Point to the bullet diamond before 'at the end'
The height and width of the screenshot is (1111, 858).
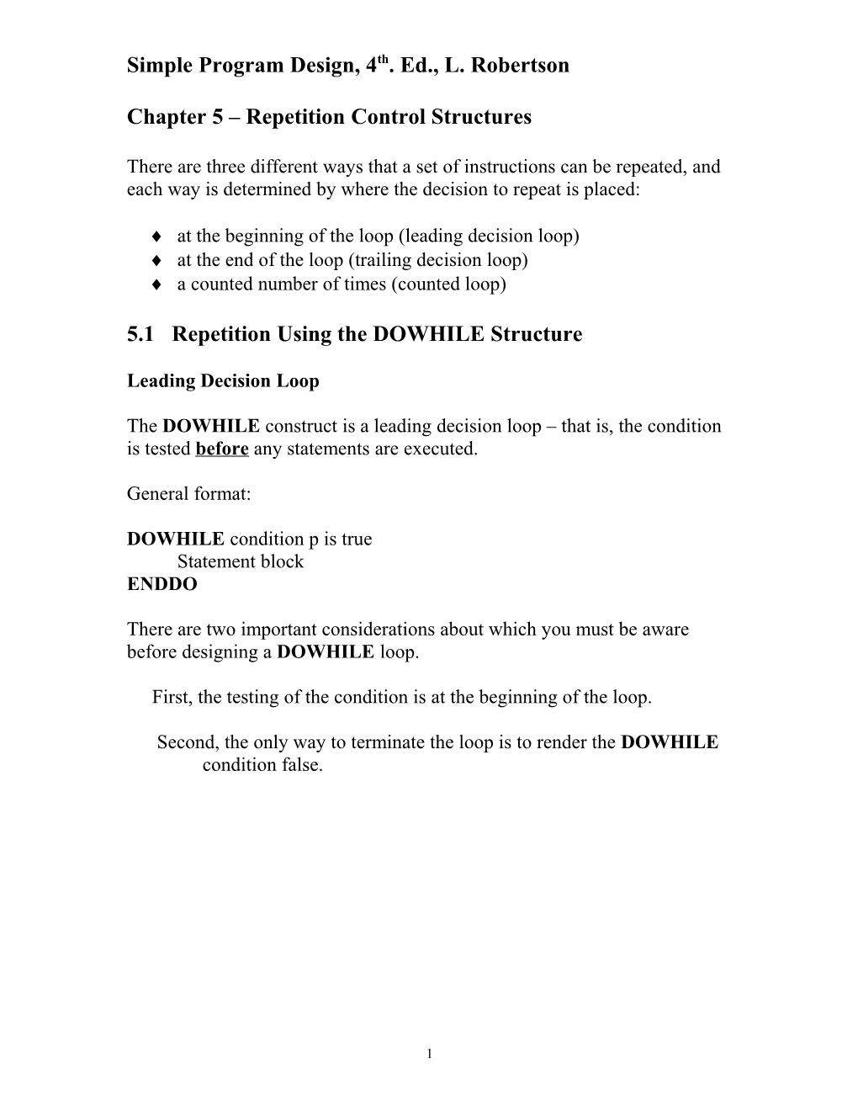(x=157, y=261)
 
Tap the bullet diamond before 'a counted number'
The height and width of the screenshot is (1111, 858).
(x=157, y=284)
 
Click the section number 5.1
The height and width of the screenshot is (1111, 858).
(x=140, y=335)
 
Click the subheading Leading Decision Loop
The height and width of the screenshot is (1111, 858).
(x=223, y=381)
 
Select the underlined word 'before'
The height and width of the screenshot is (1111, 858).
(x=221, y=449)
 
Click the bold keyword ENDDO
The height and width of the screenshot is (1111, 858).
(x=162, y=584)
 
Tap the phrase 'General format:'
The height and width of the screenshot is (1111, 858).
(x=188, y=494)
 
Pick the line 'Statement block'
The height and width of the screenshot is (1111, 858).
(x=240, y=561)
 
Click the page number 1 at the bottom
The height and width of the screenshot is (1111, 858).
(x=429, y=1053)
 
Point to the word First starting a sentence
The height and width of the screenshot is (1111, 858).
(x=170, y=698)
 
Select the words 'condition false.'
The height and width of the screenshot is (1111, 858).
(x=262, y=766)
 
